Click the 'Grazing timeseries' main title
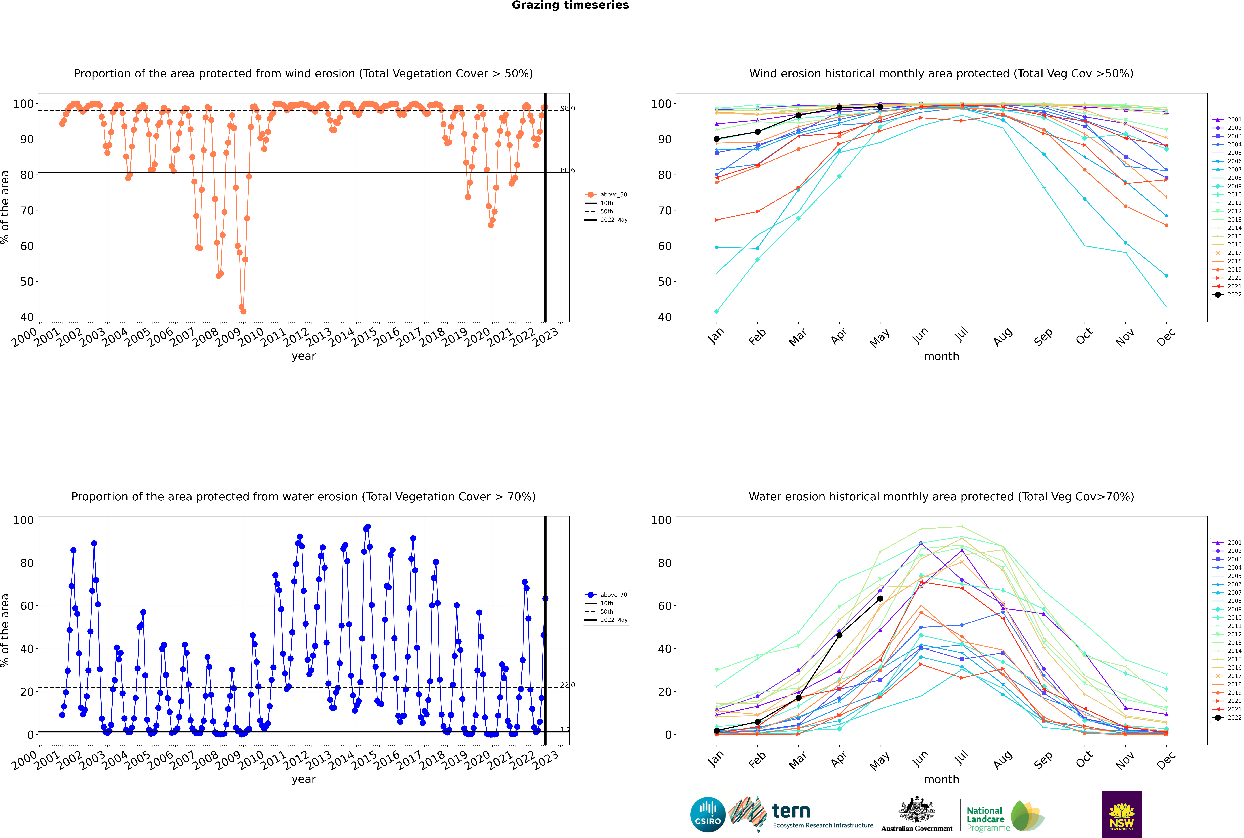570,5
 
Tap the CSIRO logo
708,815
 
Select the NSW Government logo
1121,815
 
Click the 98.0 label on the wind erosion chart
567,108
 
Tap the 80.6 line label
567,170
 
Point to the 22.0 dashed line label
567,685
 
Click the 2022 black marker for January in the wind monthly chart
717,139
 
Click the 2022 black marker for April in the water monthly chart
839,635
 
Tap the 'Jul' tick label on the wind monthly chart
961,335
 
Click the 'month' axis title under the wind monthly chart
941,357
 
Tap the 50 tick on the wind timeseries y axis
27,282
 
